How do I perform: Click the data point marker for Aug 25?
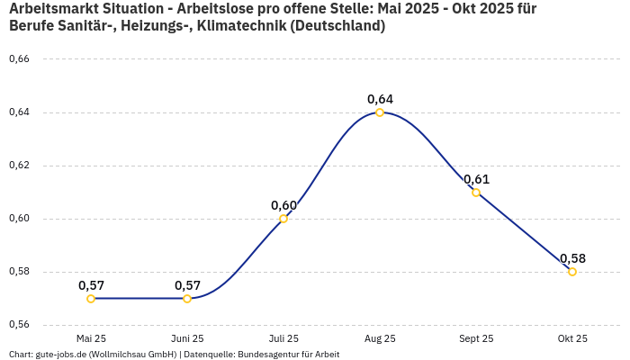(x=380, y=112)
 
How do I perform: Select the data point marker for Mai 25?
(x=91, y=299)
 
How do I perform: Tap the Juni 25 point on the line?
(x=187, y=299)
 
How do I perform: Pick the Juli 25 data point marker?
(x=283, y=219)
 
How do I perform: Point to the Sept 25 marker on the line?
(x=476, y=193)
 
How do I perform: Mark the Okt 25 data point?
(x=572, y=272)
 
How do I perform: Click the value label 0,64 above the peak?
(x=380, y=99)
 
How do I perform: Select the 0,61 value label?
(x=476, y=179)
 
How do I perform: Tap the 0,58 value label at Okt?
(x=572, y=258)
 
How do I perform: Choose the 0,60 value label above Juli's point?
(x=283, y=205)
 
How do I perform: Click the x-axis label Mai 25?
(x=91, y=338)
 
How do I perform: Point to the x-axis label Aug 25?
(x=380, y=338)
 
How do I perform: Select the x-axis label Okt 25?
(x=572, y=338)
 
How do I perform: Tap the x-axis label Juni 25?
(x=187, y=338)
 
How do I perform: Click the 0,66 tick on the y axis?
(x=19, y=59)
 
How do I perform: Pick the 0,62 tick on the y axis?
(x=19, y=166)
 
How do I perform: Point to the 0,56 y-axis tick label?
(x=19, y=325)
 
